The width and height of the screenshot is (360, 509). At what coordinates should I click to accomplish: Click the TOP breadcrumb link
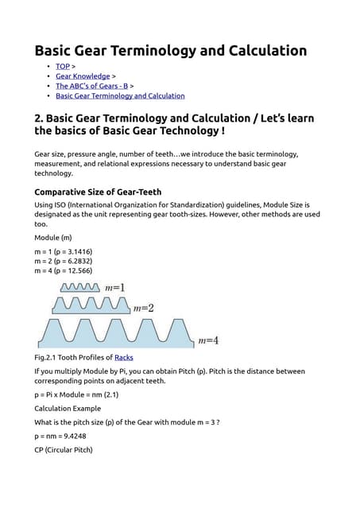[63, 66]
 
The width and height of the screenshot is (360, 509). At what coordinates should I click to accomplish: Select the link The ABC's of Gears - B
[91, 86]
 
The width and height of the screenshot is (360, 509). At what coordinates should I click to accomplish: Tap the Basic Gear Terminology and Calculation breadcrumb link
[120, 95]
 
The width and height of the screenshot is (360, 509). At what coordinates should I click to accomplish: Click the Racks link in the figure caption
[124, 358]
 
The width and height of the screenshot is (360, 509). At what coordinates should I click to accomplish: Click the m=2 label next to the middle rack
[144, 308]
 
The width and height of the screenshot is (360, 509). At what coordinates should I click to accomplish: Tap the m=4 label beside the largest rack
[207, 340]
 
